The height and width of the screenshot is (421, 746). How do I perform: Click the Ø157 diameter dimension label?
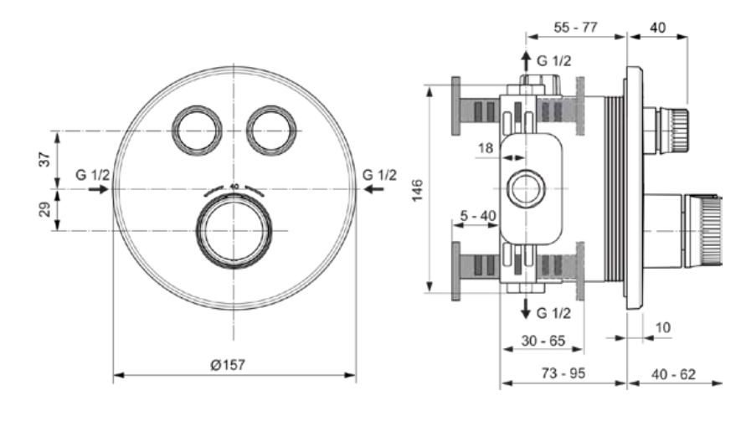tap(228, 365)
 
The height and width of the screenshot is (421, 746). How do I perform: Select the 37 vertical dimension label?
tap(44, 159)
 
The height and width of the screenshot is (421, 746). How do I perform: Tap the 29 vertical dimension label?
tap(44, 209)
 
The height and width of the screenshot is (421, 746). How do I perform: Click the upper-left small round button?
tap(197, 131)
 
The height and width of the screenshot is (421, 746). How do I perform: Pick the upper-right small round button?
tap(271, 131)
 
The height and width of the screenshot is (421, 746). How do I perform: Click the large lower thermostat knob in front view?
tap(234, 231)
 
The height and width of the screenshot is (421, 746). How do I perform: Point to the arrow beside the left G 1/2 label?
tap(99, 189)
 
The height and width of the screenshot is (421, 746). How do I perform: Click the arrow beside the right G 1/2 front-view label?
tap(374, 189)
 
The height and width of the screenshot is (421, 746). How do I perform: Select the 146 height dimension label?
tap(417, 190)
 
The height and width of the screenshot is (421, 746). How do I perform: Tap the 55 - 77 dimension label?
tap(576, 27)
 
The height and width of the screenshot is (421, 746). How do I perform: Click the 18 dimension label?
tap(486, 148)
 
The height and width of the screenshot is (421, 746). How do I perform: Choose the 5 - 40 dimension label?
tap(478, 216)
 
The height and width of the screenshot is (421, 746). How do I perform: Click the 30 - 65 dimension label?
tap(543, 341)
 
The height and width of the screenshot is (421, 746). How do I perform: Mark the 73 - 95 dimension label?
tap(563, 373)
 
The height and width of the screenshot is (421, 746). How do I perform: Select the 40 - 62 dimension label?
tap(674, 374)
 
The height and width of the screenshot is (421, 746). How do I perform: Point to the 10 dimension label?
tap(663, 327)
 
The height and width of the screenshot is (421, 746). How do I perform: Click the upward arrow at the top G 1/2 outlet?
tap(526, 61)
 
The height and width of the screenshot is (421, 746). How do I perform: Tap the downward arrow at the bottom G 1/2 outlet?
tap(526, 308)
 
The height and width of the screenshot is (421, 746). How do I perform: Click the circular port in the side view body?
tap(526, 189)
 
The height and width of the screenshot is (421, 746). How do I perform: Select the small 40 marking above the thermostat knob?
tap(234, 187)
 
